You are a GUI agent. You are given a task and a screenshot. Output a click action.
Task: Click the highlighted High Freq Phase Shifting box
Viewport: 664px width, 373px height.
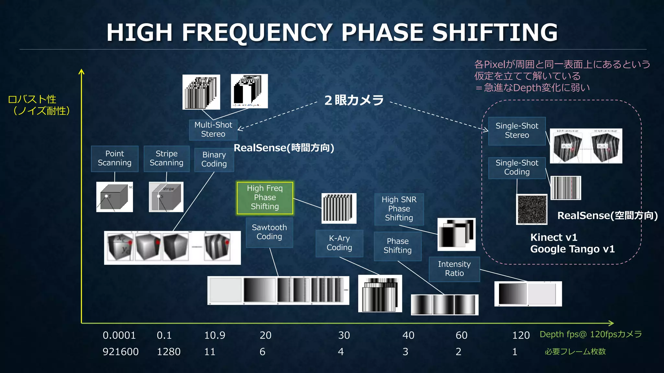[x=265, y=198]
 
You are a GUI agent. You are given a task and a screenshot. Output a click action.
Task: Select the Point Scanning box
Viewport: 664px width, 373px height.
[x=114, y=158]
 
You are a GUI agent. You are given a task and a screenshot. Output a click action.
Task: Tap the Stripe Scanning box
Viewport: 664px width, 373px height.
[x=166, y=158]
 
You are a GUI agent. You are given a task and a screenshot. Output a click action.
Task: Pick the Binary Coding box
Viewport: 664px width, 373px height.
[x=214, y=159]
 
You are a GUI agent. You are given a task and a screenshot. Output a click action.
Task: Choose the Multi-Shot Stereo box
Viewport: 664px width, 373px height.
[x=213, y=130]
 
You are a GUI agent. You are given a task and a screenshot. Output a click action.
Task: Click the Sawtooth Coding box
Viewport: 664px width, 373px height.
[x=269, y=232]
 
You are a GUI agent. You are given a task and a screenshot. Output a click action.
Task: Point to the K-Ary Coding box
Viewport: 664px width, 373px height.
[x=339, y=243]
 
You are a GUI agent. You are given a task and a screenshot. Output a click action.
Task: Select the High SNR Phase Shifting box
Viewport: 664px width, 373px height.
[x=399, y=209]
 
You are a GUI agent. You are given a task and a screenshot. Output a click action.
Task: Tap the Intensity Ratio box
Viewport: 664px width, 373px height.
[x=454, y=269]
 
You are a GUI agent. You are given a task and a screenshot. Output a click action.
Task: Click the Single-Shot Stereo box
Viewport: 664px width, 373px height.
[x=517, y=131]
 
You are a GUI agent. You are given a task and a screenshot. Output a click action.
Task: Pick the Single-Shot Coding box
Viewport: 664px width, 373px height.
[x=517, y=168]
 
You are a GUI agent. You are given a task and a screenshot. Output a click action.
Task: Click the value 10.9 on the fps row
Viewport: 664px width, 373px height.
[x=215, y=335]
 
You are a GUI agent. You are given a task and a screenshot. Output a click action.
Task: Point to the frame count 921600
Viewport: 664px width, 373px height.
[x=121, y=352]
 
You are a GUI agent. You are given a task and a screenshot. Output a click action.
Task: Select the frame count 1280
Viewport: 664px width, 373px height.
[x=169, y=352]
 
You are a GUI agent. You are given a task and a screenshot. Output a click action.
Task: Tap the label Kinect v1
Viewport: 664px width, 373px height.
[x=554, y=238]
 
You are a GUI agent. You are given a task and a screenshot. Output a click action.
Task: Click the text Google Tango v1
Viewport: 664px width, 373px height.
[x=572, y=249]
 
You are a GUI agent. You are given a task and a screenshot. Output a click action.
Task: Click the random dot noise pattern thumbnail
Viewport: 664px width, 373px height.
[x=532, y=209]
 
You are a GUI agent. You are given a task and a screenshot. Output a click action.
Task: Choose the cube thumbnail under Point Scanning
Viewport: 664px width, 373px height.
[x=114, y=197]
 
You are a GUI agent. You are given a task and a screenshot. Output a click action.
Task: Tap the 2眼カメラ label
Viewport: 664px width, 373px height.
[x=354, y=100]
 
